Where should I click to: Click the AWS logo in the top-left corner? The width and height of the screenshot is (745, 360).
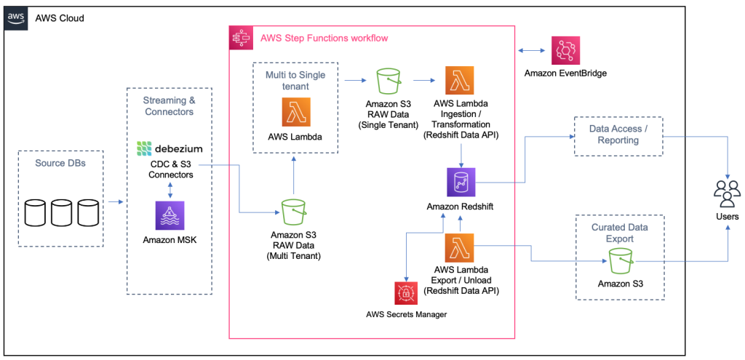[16, 17]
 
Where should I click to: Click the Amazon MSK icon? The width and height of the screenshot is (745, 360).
[170, 216]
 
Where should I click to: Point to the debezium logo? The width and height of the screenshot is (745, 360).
[170, 149]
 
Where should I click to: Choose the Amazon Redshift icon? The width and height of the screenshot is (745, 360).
[461, 182]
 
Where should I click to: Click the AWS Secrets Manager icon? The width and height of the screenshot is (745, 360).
[405, 292]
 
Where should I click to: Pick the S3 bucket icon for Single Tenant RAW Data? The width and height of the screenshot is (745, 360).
[389, 81]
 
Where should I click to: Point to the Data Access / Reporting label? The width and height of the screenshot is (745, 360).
[618, 134]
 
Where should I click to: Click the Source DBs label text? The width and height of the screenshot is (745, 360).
[60, 163]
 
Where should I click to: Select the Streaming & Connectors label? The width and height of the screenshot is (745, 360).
[169, 106]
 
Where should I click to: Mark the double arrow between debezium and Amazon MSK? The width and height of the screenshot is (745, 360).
[170, 189]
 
